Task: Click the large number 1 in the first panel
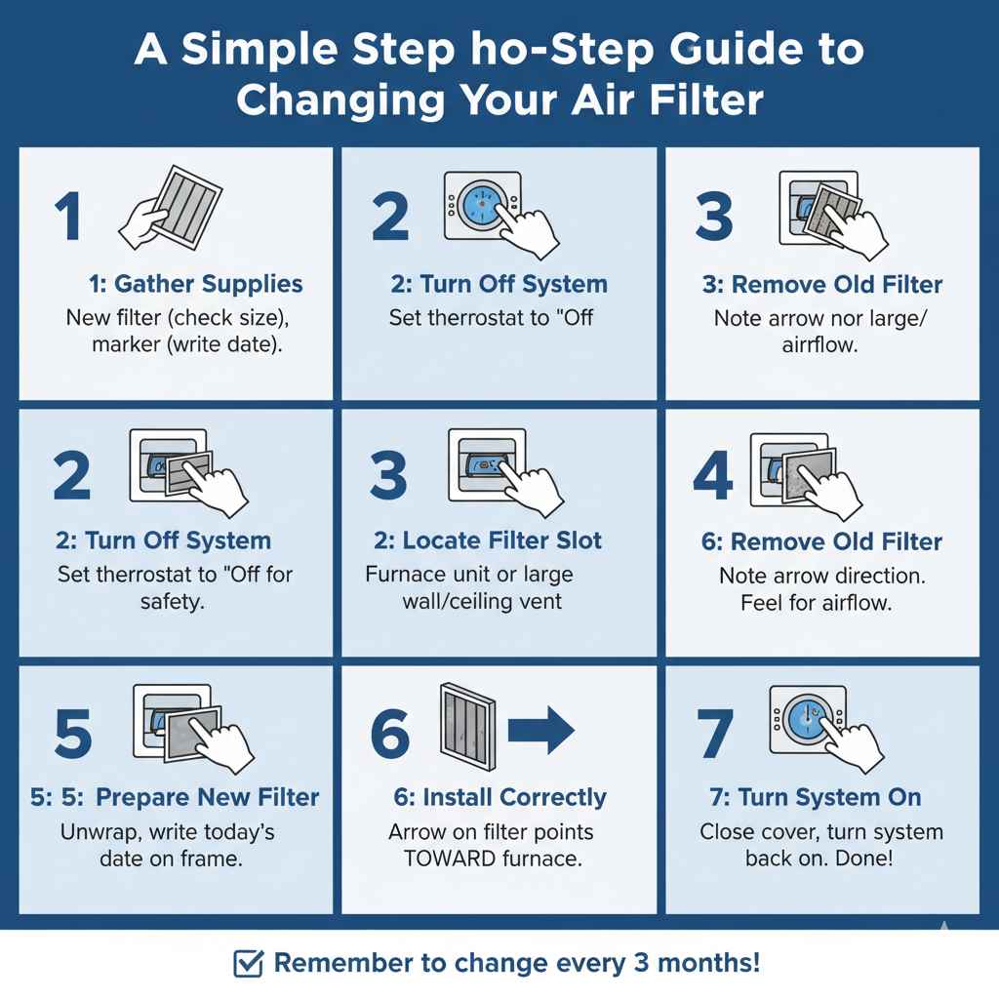[67, 217]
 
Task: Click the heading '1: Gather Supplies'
[195, 284]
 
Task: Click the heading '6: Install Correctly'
[499, 797]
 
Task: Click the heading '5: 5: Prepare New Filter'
[175, 797]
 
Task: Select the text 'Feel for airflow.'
[816, 602]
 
